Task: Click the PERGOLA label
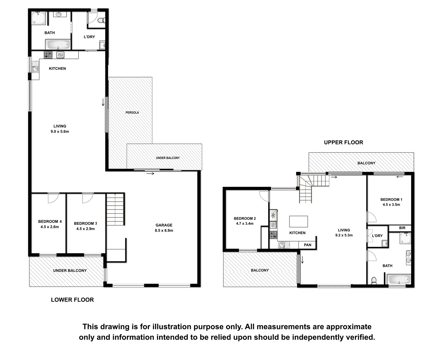click(132, 112)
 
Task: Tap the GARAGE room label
click(164, 225)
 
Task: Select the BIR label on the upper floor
click(402, 228)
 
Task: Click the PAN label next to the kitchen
click(307, 245)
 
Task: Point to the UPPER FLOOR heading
click(343, 142)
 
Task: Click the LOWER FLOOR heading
click(72, 300)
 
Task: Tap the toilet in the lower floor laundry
click(101, 20)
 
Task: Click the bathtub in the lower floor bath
click(58, 44)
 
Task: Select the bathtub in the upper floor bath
click(399, 279)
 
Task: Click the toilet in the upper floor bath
click(374, 281)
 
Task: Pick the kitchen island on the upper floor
click(298, 221)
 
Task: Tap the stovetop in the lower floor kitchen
click(48, 55)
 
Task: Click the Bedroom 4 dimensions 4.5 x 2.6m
click(50, 227)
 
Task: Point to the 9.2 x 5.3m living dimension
click(344, 235)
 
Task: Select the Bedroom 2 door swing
click(264, 196)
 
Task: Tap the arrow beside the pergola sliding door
click(103, 102)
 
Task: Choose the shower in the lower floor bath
click(38, 18)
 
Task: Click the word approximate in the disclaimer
click(349, 327)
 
